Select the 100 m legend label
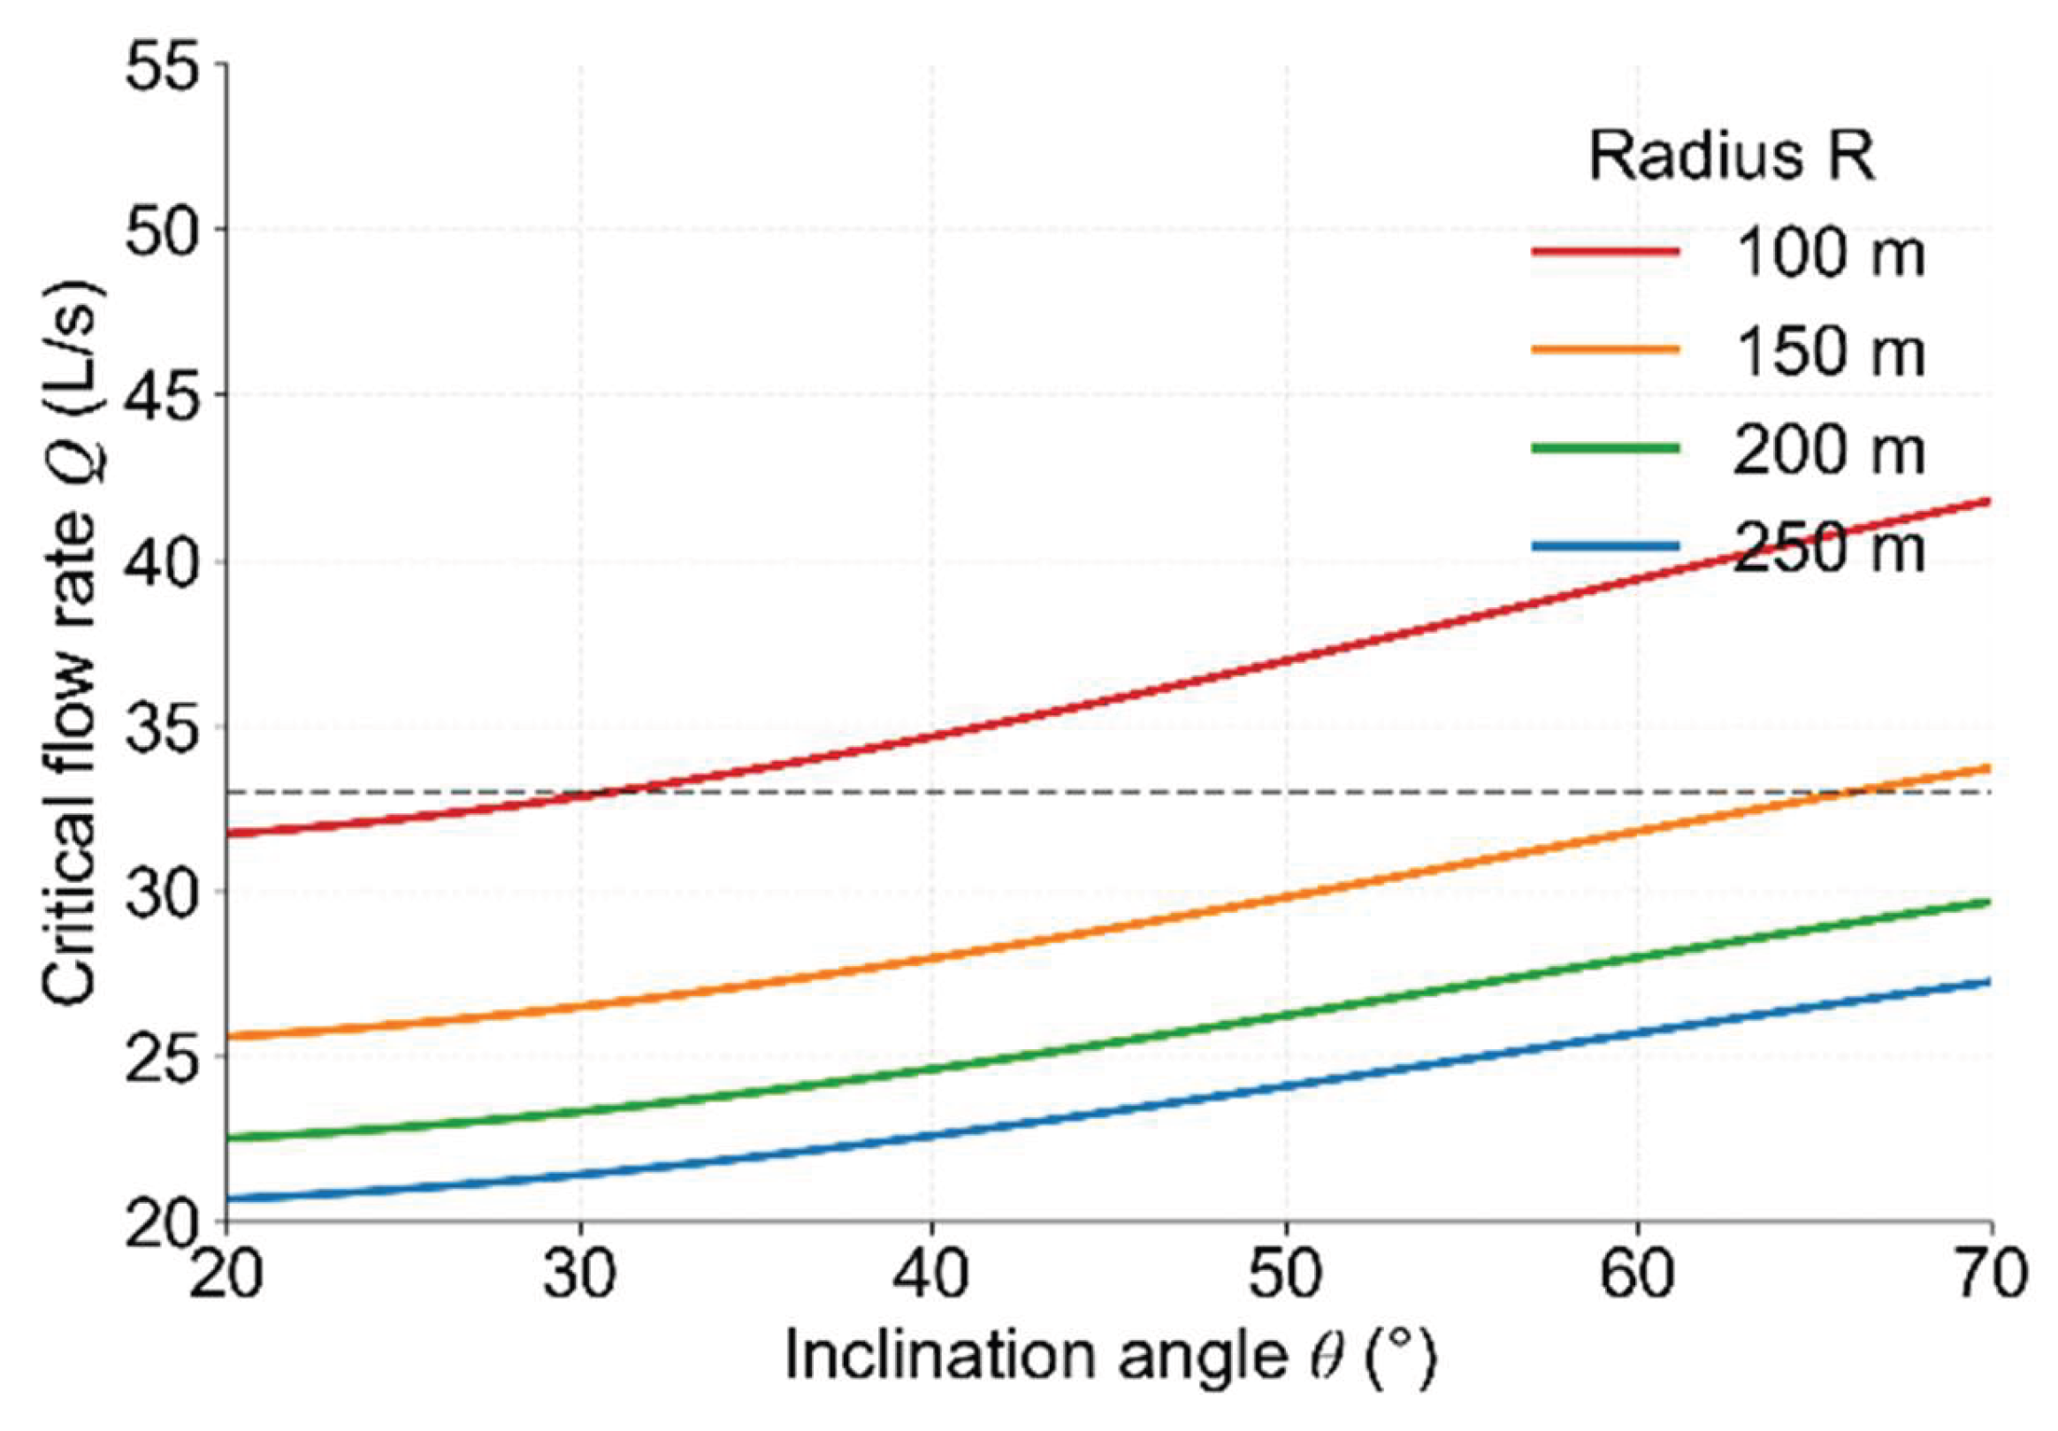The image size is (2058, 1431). coord(1830,254)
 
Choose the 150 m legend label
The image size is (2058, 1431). coord(1830,351)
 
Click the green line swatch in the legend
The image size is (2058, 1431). coord(1605,448)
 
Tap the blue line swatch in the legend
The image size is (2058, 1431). coord(1605,545)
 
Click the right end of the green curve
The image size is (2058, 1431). coord(1990,902)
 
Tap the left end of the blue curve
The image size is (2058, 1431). coord(227,1198)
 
